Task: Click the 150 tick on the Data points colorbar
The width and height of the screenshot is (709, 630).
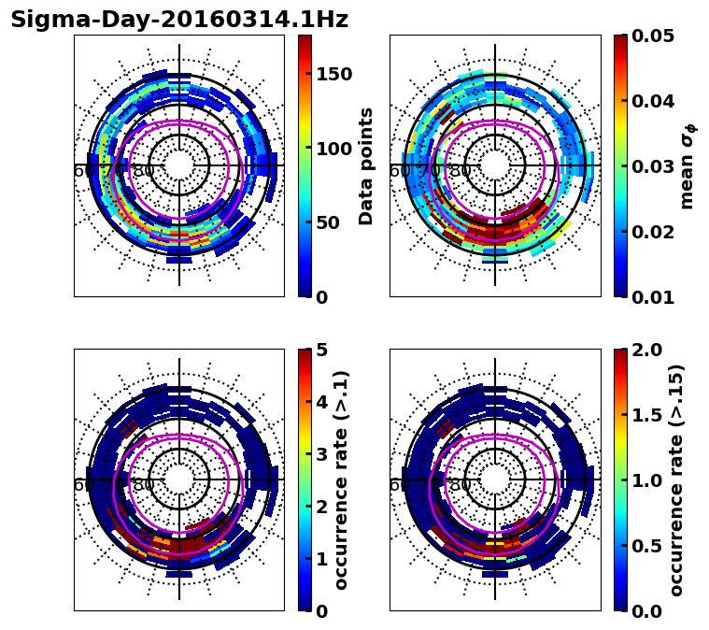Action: click(333, 75)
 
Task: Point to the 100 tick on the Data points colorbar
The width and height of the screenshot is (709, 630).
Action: click(333, 149)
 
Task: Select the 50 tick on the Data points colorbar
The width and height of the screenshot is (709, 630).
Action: click(327, 222)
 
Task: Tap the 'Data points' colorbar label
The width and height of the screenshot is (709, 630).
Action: click(366, 165)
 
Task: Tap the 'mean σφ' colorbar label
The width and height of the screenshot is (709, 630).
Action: click(687, 166)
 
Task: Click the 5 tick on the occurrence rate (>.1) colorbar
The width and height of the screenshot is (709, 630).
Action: click(320, 350)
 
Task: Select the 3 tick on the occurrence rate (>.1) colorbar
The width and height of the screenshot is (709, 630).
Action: click(320, 454)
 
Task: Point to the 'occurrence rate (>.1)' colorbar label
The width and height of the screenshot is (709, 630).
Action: click(342, 480)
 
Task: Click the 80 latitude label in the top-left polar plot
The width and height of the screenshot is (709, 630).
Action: click(144, 171)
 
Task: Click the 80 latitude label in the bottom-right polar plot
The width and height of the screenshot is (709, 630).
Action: click(460, 485)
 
